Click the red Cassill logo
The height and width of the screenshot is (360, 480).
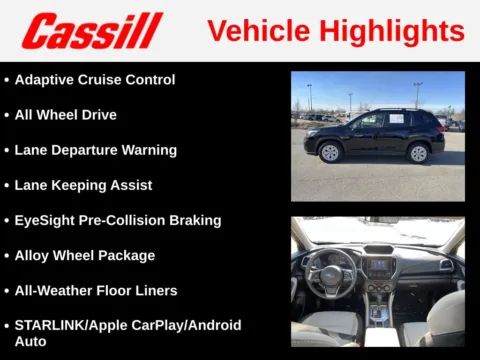(92, 31)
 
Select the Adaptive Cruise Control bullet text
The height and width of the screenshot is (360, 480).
(95, 80)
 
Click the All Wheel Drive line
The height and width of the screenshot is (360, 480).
(65, 115)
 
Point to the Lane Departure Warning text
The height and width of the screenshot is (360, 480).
(96, 150)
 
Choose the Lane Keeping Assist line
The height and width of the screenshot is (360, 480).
(83, 185)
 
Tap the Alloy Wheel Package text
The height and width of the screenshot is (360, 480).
(85, 255)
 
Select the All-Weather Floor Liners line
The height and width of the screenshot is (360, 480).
(96, 290)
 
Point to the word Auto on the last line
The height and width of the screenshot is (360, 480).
(30, 342)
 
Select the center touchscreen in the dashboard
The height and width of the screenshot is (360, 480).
(379, 267)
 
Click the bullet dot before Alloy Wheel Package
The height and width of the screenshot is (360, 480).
(7, 256)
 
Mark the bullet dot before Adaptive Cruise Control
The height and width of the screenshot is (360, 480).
(7, 80)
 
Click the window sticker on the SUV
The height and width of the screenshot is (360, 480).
(394, 120)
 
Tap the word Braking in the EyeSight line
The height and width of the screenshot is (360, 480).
(196, 220)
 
